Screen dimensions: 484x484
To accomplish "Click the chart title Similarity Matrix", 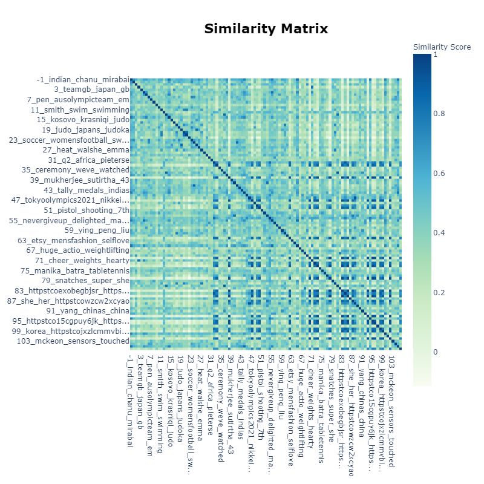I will [266, 29].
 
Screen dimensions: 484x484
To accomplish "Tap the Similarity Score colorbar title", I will [442, 47].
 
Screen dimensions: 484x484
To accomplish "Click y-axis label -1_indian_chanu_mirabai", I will [82, 80].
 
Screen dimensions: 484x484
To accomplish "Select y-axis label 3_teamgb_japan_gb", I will [91, 90].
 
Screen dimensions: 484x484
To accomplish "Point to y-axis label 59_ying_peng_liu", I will [97, 230].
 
